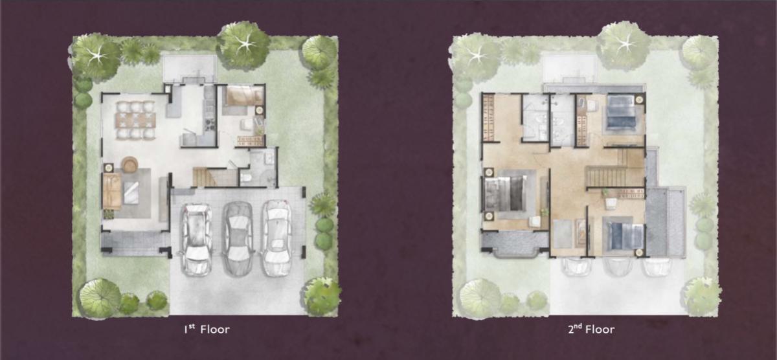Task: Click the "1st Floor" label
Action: [x=207, y=329]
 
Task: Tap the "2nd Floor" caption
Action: [x=591, y=329]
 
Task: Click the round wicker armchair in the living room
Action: [x=129, y=164]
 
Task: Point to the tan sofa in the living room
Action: [x=111, y=191]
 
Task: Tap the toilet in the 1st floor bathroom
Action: [x=246, y=178]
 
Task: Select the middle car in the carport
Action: [x=238, y=239]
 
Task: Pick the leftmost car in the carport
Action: [x=197, y=239]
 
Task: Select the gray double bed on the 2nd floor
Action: [x=506, y=194]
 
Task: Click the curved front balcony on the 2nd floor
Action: [x=515, y=245]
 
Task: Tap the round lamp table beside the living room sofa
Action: [x=108, y=168]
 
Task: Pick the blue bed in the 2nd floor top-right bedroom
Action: [x=622, y=113]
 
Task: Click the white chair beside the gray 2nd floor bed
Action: [x=535, y=222]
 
